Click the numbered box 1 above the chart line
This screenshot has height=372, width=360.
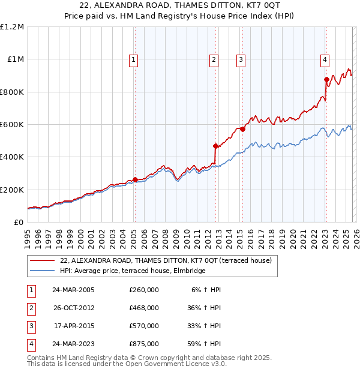[133, 59]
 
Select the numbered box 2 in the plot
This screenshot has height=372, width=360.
[214, 59]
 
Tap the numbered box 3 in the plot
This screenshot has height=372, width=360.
[240, 59]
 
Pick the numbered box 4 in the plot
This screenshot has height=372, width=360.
[324, 59]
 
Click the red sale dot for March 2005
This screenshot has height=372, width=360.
[135, 179]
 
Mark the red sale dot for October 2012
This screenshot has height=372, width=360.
[215, 146]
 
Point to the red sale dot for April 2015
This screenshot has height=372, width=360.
[242, 129]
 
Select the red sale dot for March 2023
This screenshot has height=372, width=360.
[326, 79]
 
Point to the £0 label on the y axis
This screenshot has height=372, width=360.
[17, 222]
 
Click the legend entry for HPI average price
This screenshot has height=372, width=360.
[133, 271]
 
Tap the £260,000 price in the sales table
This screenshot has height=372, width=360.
[144, 290]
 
